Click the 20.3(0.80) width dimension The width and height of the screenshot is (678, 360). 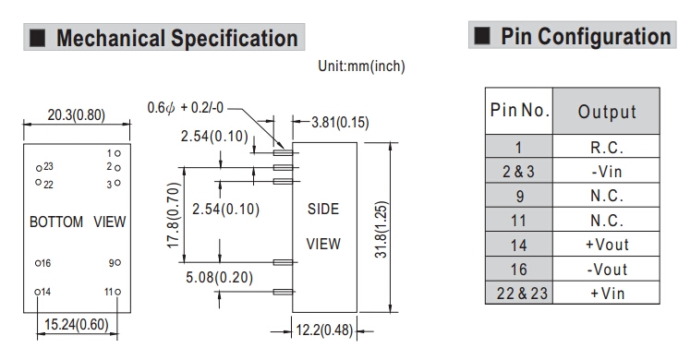[76, 115]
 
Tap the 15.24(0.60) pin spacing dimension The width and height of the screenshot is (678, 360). [77, 325]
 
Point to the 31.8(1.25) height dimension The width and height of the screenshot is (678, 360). [381, 230]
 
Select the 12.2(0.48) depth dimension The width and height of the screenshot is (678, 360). [324, 330]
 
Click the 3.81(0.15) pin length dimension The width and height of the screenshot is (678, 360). [340, 122]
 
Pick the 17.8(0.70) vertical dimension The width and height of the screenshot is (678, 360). [173, 215]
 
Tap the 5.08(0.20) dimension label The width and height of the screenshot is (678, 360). [219, 277]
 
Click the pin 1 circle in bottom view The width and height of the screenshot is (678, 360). [117, 153]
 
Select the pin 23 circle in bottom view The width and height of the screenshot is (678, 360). [39, 168]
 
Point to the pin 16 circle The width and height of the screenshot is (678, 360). [38, 263]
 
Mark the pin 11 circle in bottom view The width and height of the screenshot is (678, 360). [117, 292]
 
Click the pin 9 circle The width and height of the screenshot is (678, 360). [117, 262]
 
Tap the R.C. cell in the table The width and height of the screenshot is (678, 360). [606, 147]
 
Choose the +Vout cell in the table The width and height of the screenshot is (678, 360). [606, 245]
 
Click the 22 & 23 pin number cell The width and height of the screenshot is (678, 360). [519, 293]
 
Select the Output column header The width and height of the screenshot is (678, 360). [606, 111]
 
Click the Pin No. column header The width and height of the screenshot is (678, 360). [519, 111]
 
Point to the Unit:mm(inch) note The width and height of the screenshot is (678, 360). [361, 66]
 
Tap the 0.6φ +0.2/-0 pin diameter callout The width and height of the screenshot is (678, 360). [185, 108]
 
